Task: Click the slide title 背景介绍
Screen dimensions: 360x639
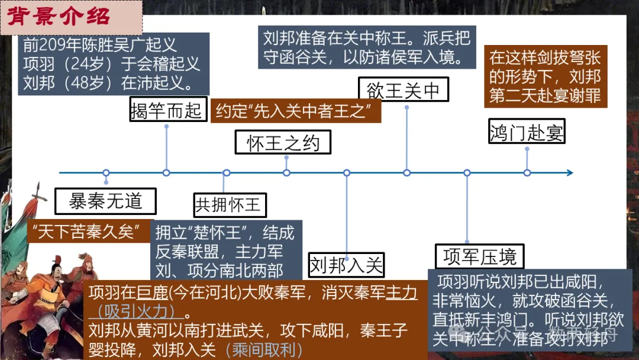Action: (59, 17)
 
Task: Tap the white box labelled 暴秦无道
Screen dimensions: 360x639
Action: (105, 201)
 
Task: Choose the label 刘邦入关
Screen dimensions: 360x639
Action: (346, 264)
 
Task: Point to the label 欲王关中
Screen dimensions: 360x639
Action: (404, 91)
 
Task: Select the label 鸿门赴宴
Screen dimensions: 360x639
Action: (527, 133)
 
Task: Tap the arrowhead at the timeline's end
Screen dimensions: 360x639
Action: (569, 173)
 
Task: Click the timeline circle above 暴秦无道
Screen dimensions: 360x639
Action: (106, 173)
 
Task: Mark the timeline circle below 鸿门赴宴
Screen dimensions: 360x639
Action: (527, 173)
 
